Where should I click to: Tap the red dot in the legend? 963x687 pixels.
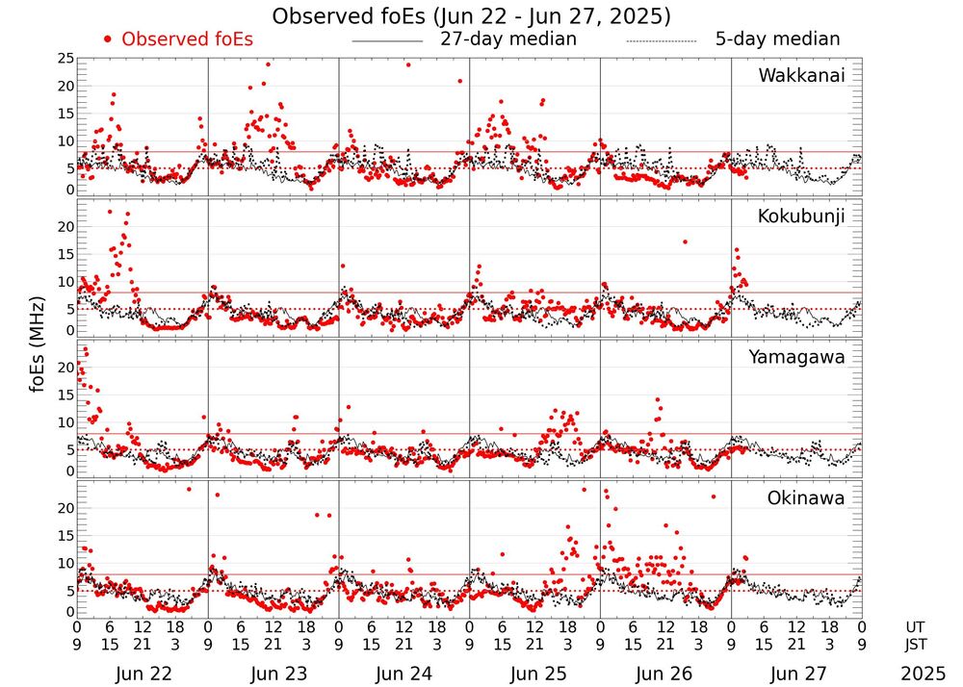[109, 39]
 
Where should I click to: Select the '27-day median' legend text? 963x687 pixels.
[508, 39]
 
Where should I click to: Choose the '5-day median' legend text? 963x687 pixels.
[777, 39]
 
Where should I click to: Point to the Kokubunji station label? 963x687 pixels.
[801, 216]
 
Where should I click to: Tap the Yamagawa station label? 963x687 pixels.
[797, 357]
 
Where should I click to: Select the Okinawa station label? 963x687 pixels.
[805, 498]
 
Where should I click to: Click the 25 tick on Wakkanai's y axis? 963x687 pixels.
[65, 59]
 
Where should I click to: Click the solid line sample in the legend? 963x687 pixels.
[387, 40]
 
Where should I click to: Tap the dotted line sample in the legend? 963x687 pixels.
[661, 40]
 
